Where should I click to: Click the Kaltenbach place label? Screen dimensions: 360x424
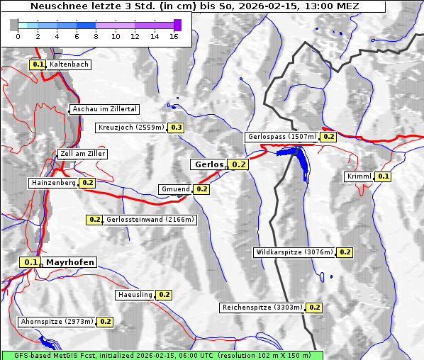coord(69,64)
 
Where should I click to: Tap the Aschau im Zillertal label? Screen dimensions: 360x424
coord(105,109)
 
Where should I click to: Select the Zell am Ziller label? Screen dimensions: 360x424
coord(83,154)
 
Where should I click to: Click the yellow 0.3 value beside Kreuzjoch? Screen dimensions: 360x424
coord(176,128)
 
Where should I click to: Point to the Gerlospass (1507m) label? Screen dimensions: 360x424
coord(281,137)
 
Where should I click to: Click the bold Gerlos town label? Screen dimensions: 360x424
coord(208,164)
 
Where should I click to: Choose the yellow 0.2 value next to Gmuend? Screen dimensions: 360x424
coord(201,189)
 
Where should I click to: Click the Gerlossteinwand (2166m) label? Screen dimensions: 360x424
coord(150,220)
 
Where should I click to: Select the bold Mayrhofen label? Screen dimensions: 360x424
coord(69,262)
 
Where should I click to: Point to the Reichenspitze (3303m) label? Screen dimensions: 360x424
coord(262,308)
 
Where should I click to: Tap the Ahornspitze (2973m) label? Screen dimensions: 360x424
coord(57,322)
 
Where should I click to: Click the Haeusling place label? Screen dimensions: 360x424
coord(134,295)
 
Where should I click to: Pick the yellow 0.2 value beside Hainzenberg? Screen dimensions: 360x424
coord(87,183)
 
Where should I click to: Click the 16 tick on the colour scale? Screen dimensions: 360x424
coord(174,36)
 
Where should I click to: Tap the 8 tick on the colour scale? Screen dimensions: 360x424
coord(96,36)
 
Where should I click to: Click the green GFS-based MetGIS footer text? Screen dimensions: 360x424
coord(162,355)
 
